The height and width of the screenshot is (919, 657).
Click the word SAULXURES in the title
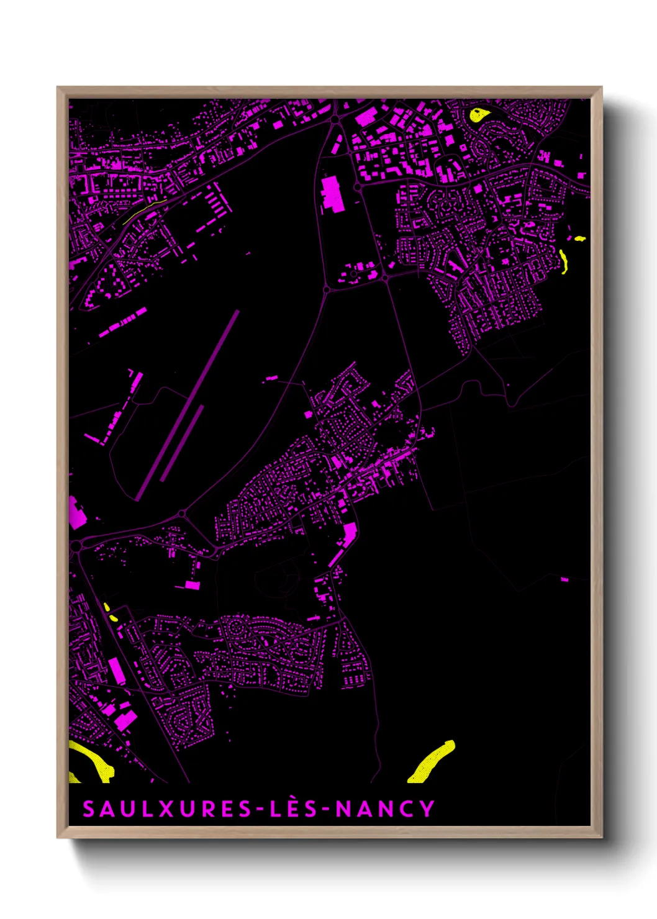(x=166, y=809)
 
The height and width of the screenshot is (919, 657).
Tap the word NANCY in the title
(x=385, y=809)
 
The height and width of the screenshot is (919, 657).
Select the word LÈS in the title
(x=294, y=809)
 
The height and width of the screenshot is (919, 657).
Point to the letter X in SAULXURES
(x=166, y=809)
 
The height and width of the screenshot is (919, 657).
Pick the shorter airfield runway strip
(x=182, y=443)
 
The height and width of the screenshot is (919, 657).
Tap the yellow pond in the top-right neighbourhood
(x=478, y=115)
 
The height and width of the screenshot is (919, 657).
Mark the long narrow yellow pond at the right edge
(x=563, y=261)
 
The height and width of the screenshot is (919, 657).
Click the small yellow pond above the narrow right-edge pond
(x=579, y=238)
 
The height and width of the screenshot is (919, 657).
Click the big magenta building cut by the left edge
(x=76, y=513)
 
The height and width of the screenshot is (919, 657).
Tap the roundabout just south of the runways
(x=182, y=514)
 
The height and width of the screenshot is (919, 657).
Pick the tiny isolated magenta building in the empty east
(x=564, y=579)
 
